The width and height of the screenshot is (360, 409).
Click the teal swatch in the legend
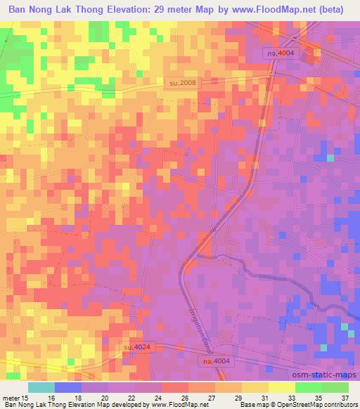[41, 387]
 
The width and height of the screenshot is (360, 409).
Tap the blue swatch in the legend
[68, 387]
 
